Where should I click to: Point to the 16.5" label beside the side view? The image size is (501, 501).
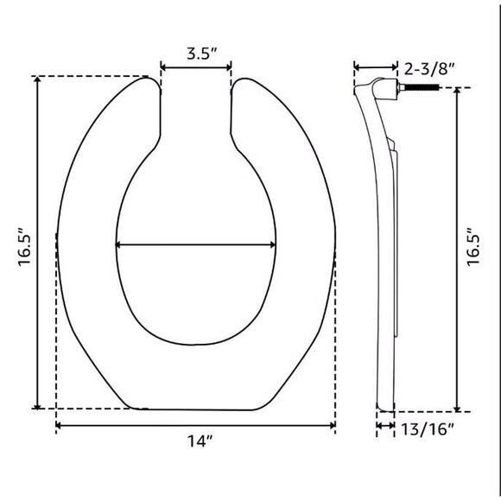tap(474, 250)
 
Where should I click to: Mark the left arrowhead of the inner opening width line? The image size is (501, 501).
tap(118, 245)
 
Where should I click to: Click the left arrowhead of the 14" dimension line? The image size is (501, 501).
tap(59, 425)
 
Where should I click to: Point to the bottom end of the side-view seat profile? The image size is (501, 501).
tap(386, 409)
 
